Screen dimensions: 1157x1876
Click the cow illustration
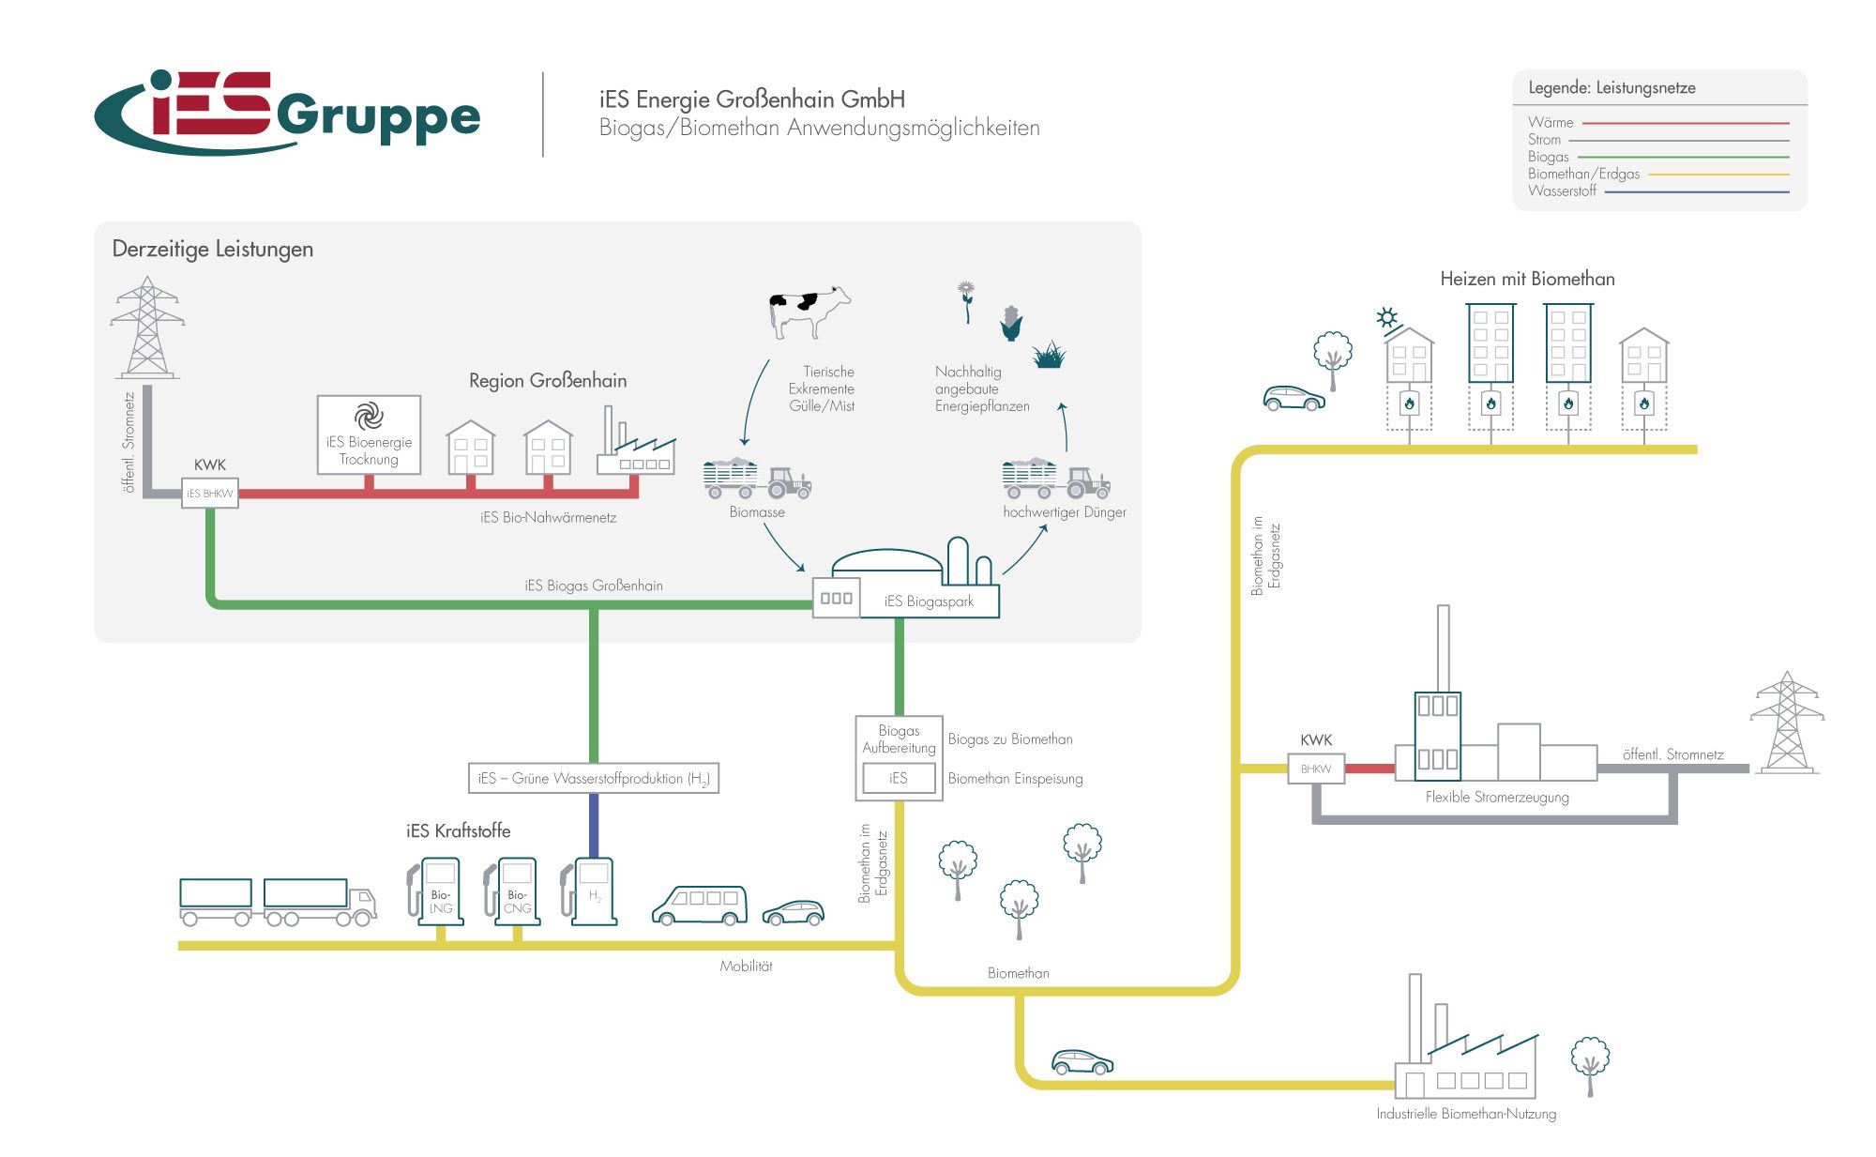point(809,311)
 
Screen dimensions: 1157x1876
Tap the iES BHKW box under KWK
point(209,494)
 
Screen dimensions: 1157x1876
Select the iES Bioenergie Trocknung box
point(369,434)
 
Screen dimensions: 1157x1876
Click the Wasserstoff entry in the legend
point(1562,191)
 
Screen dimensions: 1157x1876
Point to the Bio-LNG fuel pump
point(439,891)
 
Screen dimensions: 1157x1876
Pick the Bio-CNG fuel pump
point(516,891)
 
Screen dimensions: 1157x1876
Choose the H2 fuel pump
point(593,891)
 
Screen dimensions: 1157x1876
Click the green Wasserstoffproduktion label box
point(593,779)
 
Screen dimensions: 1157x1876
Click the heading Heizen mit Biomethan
point(1527,279)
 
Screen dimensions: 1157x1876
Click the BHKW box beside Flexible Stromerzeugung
point(1316,769)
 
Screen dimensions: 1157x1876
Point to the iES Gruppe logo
point(287,114)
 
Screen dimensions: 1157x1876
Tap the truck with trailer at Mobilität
point(278,902)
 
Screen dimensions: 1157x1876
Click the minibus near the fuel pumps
point(700,905)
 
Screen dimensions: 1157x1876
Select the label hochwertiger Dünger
point(1065,512)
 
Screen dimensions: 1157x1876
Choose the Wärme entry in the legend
point(1551,123)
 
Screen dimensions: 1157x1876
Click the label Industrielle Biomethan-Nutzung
point(1466,1114)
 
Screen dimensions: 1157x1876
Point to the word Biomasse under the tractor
point(757,512)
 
